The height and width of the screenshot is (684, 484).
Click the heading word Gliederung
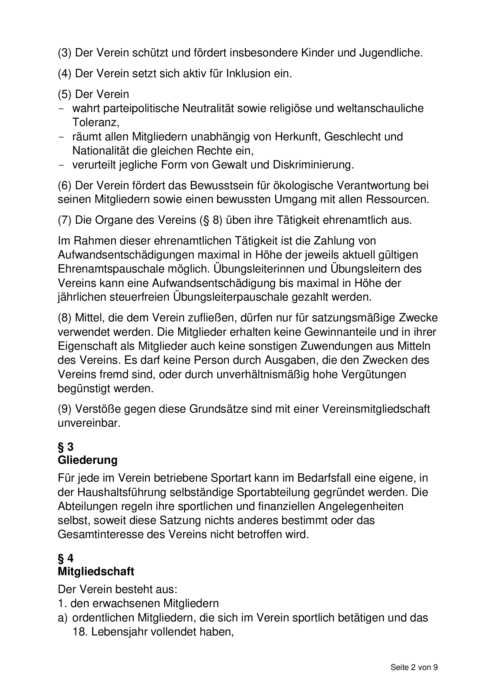[x=87, y=460]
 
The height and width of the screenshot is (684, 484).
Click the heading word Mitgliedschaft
[x=96, y=571]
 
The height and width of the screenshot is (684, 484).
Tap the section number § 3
[x=66, y=447]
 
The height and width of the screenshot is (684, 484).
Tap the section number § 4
[x=66, y=558]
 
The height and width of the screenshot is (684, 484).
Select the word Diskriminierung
[x=313, y=165]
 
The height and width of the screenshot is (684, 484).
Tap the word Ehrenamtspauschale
[x=115, y=269]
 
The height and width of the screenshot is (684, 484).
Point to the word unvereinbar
[x=89, y=423]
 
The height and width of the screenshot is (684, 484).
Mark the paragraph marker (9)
[x=64, y=409]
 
